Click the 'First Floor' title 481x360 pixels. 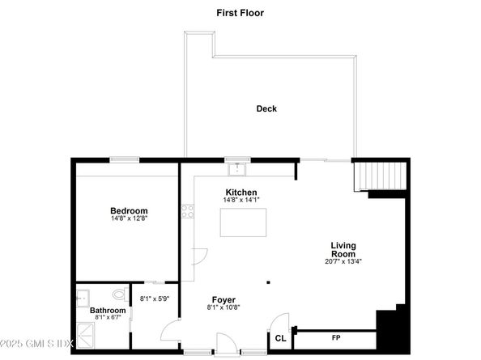coord(240,13)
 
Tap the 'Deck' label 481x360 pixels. coord(266,108)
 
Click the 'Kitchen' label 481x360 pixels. coord(241,192)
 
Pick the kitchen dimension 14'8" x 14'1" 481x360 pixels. coord(241,199)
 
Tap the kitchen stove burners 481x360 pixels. coord(188,212)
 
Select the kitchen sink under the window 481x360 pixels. coord(236,168)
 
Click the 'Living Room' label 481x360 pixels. coord(343,249)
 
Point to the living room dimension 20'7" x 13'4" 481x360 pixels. coord(343,261)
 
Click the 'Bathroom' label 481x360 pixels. coord(108,310)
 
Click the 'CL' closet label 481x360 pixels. coord(280,338)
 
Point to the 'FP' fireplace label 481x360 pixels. coord(335,337)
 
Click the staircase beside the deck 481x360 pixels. coord(379,175)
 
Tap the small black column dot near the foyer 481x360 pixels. coord(270,282)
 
